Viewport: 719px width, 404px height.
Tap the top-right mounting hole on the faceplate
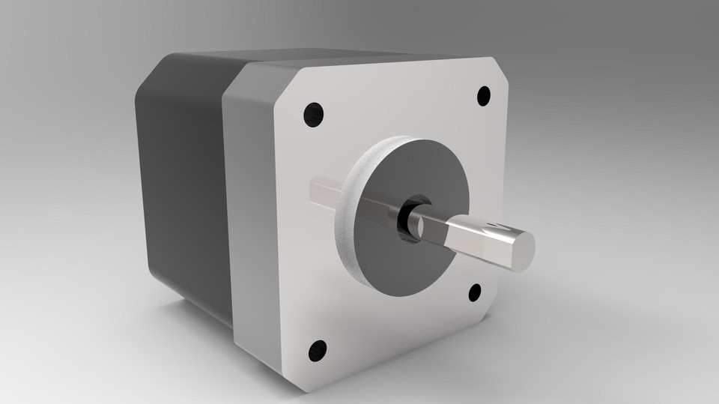pos(484,95)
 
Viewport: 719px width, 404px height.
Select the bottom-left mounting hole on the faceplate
pos(318,349)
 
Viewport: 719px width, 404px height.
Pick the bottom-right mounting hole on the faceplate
pos(475,292)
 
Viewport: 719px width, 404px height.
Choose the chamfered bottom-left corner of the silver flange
pos(296,379)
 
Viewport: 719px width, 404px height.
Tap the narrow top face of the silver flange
pos(374,61)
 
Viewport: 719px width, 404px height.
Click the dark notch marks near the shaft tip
pos(493,226)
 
